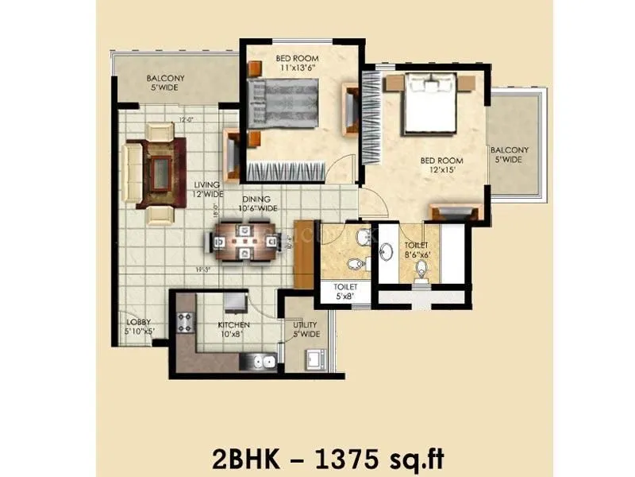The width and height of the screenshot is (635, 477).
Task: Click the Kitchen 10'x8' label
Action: [x=233, y=329]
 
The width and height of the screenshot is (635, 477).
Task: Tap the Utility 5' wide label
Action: [x=306, y=329]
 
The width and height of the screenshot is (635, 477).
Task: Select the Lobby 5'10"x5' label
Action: [x=140, y=326]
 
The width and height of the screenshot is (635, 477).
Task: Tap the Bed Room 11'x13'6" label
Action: [x=298, y=63]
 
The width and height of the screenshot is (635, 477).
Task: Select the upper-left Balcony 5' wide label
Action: [x=165, y=83]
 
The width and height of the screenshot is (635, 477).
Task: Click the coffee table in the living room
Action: [x=161, y=172]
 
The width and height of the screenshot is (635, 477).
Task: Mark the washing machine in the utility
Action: [x=311, y=359]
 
